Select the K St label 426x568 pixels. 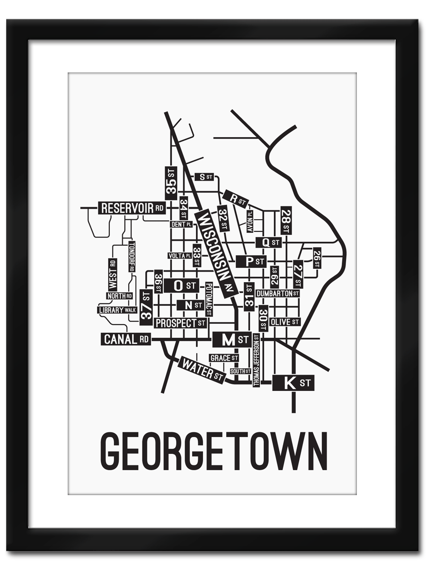[293, 382]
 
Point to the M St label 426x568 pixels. [231, 339]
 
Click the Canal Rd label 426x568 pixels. [125, 339]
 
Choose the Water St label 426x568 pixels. [201, 371]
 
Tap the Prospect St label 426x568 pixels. [181, 323]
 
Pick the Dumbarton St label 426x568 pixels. [277, 293]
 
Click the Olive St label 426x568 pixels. [284, 322]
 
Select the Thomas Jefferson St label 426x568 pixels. [256, 360]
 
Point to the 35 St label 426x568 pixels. [171, 183]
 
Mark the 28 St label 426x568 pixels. [285, 221]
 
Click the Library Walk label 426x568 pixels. [117, 310]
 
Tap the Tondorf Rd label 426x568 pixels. [132, 257]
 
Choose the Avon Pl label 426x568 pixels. [250, 221]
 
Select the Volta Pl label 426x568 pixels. [179, 256]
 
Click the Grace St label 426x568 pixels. [223, 358]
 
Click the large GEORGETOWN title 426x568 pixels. [213, 451]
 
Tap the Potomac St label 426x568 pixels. [208, 300]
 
